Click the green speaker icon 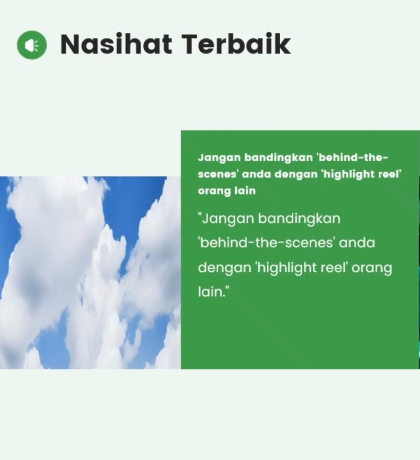[x=32, y=45]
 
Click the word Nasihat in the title [x=116, y=44]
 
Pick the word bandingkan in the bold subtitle [x=279, y=158]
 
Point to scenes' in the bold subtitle [x=217, y=175]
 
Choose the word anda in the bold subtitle [x=256, y=175]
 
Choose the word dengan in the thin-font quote [x=224, y=268]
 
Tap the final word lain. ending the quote [x=213, y=292]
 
